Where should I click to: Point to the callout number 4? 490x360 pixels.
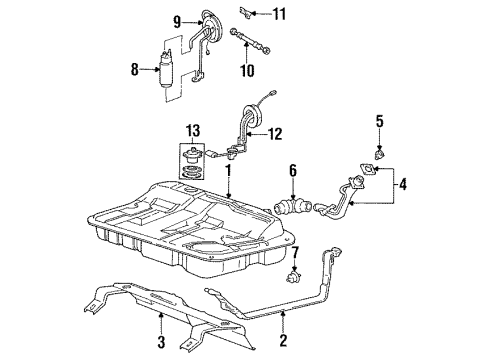pyautogui.click(x=403, y=184)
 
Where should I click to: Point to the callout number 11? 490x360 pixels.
pyautogui.click(x=279, y=13)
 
